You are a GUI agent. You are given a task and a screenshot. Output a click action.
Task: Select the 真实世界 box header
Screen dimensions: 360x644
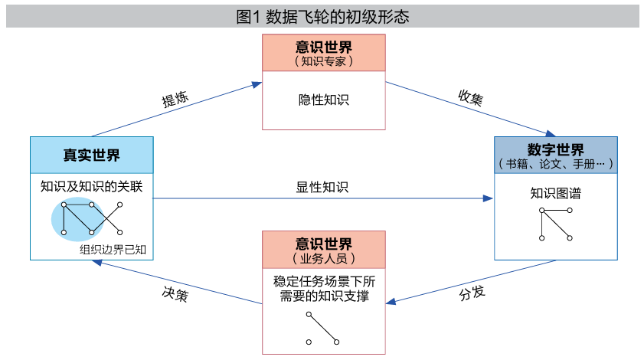[x=91, y=155]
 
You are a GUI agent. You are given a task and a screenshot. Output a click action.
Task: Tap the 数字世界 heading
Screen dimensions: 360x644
[x=555, y=149]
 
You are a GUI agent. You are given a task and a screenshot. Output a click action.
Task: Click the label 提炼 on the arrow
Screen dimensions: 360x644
[x=175, y=100]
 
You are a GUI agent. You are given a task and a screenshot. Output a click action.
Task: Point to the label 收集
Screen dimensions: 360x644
[x=470, y=97]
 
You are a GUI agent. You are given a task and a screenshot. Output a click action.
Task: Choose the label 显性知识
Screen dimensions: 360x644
[x=322, y=187]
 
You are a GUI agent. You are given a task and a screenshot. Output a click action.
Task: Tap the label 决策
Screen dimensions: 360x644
[x=175, y=293]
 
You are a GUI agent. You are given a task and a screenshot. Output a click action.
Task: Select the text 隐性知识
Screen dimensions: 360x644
[x=323, y=100]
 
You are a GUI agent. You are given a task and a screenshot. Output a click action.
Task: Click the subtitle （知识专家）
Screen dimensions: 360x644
[x=323, y=61]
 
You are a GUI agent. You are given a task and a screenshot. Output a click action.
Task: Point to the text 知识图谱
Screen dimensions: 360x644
[x=555, y=194]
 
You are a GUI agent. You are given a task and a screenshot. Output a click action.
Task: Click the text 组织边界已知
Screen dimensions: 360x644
[x=118, y=249]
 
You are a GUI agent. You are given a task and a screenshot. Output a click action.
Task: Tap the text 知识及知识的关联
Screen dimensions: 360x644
[x=92, y=186]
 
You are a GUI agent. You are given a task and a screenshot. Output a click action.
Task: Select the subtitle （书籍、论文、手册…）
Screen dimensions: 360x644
[x=555, y=164]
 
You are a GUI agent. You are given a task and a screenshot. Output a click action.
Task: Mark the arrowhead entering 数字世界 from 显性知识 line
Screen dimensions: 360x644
[x=489, y=199]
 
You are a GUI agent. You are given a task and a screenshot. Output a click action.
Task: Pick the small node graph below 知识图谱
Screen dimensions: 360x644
[x=555, y=224]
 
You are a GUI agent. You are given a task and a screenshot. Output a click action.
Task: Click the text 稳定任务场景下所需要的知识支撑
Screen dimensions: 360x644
[x=323, y=288]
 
